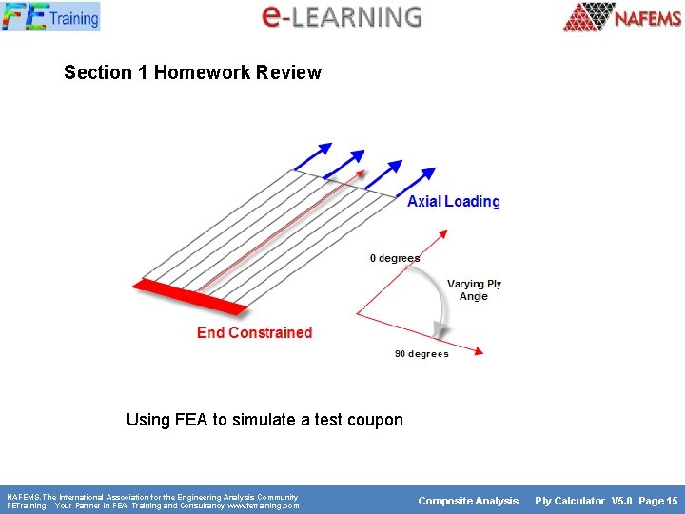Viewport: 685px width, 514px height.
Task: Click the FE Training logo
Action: [50, 16]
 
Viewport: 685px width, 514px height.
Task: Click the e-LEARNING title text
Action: [342, 16]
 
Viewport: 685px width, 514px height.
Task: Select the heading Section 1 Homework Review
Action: [192, 72]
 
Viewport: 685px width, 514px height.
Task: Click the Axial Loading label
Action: [453, 201]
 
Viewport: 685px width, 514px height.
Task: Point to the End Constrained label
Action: [254, 332]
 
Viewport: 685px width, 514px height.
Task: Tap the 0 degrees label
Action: [394, 258]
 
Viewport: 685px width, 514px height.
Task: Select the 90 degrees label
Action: [421, 354]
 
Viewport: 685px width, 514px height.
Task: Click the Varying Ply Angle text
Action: [474, 290]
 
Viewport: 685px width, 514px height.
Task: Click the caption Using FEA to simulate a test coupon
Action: [264, 420]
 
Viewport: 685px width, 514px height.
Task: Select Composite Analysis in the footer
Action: [469, 501]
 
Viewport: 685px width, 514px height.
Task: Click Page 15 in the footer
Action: [658, 501]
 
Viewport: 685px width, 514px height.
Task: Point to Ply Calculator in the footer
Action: [569, 501]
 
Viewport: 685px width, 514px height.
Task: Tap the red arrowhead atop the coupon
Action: [359, 174]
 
